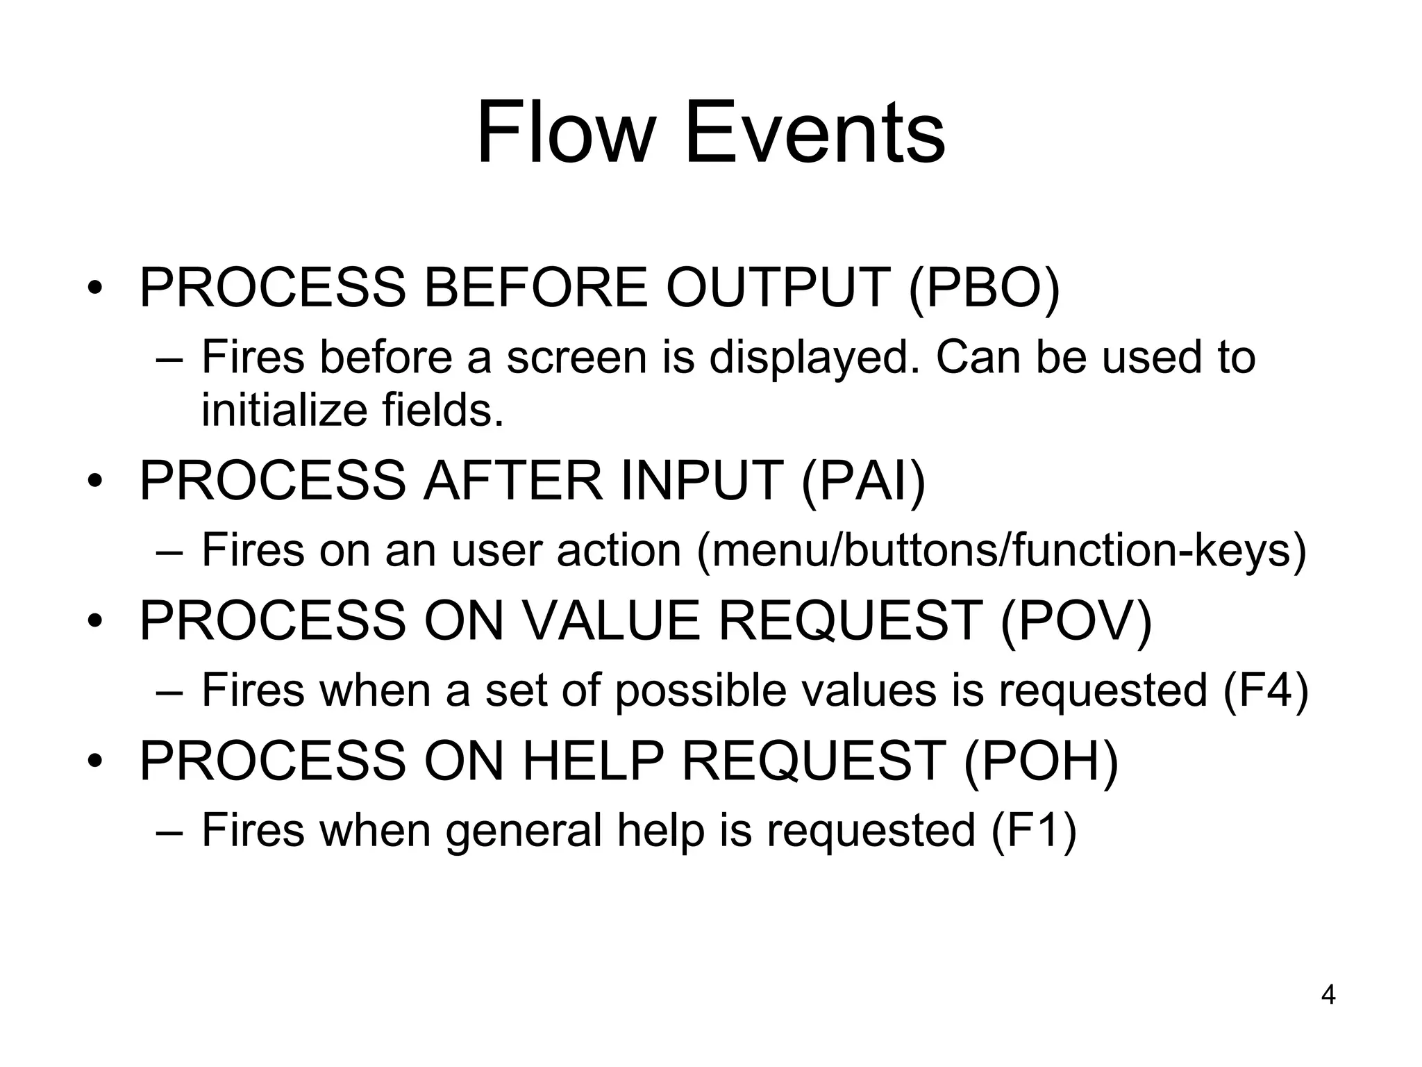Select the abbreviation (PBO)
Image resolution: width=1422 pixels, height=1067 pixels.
pos(984,288)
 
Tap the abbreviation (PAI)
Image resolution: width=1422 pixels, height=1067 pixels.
pos(863,481)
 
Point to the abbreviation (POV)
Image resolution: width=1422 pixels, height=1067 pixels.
pos(1076,620)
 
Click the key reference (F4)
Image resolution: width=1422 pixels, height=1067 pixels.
pos(1265,690)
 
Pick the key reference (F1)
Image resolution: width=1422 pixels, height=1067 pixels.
pos(1033,829)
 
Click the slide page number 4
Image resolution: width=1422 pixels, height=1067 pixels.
pos(1328,995)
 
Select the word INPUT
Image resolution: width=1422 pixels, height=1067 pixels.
pos(701,481)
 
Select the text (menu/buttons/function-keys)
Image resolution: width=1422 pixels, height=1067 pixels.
pos(1001,551)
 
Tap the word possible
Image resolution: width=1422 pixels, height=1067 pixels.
pos(700,691)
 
